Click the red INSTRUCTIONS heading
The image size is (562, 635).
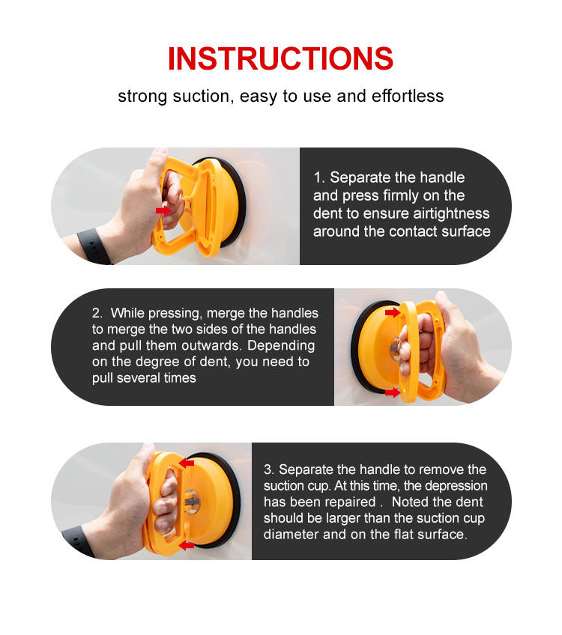(280, 58)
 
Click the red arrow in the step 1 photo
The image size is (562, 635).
(163, 210)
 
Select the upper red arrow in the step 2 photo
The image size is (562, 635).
(392, 312)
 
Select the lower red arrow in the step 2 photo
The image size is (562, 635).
(392, 392)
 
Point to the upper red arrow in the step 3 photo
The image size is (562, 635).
(187, 463)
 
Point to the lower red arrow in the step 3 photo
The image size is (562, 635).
(187, 545)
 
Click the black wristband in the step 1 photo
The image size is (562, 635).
(94, 246)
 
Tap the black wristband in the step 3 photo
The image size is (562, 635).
(79, 541)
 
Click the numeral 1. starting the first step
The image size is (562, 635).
(319, 177)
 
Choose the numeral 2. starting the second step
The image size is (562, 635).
(97, 313)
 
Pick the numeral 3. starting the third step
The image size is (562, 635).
(269, 470)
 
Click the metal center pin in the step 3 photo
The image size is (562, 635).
(192, 502)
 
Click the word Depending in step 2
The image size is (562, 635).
(281, 346)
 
